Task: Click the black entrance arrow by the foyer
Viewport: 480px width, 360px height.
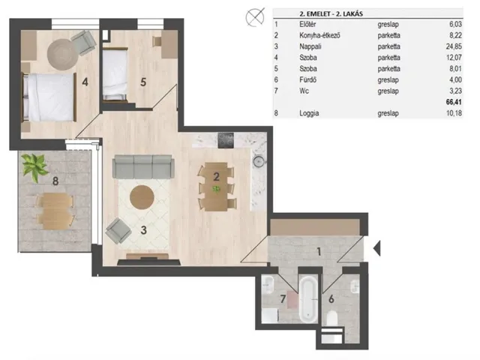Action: pos(377,248)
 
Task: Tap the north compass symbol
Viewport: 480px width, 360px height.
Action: pos(255,17)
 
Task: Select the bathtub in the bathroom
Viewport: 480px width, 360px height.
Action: pos(308,299)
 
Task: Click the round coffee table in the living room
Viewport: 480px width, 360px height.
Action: pos(142,197)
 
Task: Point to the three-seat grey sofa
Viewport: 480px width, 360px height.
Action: pos(143,166)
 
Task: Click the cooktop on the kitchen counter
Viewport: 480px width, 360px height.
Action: pos(226,140)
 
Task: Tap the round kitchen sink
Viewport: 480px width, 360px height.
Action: pos(259,161)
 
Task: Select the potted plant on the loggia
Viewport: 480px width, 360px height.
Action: pos(34,166)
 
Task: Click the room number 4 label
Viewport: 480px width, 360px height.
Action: pos(85,82)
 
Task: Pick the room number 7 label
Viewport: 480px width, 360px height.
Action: pos(283,298)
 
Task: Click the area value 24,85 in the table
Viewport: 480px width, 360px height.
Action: pos(454,46)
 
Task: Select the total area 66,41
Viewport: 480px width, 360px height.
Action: pos(454,102)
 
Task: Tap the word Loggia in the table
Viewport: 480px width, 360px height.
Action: pos(309,113)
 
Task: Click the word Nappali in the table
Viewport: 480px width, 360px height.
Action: pos(310,46)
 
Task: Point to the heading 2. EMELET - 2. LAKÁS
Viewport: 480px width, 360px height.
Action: pos(331,13)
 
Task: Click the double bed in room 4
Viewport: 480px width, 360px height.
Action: pos(49,97)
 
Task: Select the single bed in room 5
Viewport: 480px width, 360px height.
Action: pos(115,74)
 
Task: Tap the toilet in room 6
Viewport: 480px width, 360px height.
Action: pos(331,318)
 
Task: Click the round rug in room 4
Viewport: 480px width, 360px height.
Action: pos(62,55)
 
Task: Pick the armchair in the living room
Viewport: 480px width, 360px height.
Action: pos(118,231)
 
